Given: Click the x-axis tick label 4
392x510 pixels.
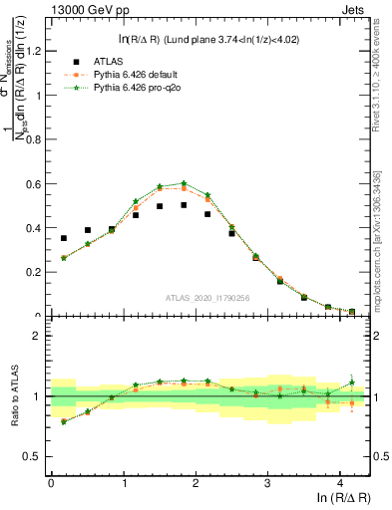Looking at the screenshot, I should pos(340,483).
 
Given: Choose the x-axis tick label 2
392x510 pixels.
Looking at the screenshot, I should pos(196,483).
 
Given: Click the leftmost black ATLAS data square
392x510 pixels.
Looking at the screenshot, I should pos(64,238).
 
